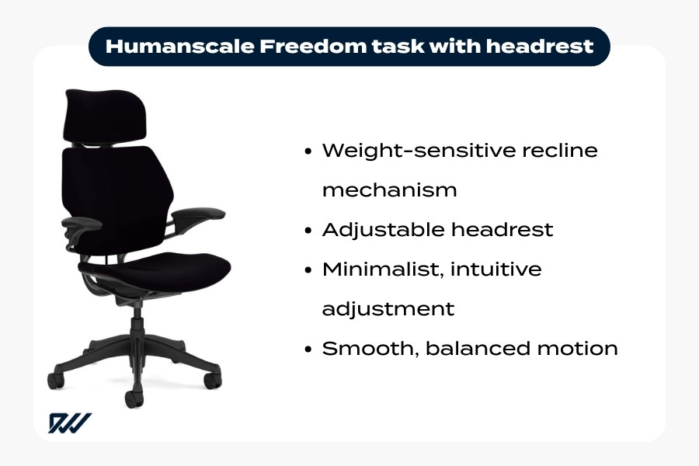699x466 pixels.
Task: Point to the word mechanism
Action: (x=389, y=190)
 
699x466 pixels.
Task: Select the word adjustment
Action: (x=388, y=308)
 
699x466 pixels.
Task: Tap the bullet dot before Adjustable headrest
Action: (x=310, y=230)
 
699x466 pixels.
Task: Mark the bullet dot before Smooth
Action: (x=310, y=349)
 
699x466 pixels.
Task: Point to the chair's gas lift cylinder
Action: (x=138, y=318)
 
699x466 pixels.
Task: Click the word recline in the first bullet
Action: (x=557, y=150)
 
